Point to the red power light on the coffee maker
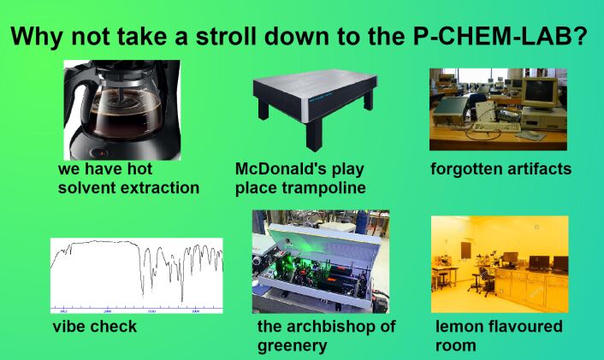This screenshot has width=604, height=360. [102, 153]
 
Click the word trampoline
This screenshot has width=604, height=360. [323, 187]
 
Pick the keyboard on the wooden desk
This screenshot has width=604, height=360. [496, 127]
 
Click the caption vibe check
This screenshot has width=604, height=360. [94, 326]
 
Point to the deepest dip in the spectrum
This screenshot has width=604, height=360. [182, 301]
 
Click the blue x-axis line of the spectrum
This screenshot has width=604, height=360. [136, 309]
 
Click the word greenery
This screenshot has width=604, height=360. [292, 345]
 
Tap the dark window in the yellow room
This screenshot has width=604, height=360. [465, 251]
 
